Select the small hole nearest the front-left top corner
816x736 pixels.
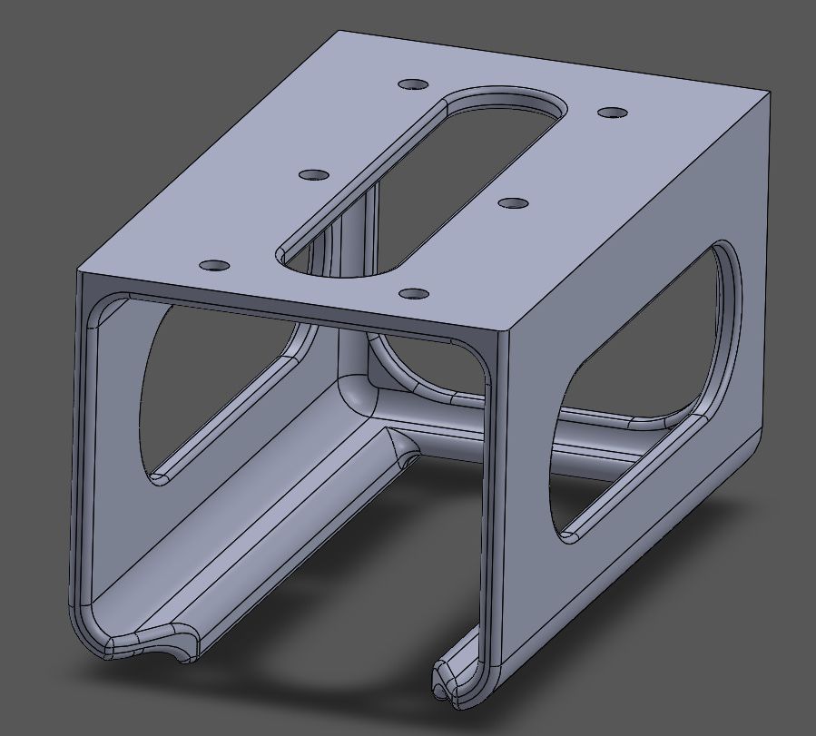click(215, 265)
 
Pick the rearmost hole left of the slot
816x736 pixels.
click(413, 83)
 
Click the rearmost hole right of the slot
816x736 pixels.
click(613, 113)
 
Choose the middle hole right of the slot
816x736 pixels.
click(514, 203)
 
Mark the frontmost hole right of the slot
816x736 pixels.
click(414, 294)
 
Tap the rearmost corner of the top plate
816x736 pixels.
click(339, 32)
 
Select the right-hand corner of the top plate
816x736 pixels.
click(771, 92)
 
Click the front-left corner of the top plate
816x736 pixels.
click(79, 270)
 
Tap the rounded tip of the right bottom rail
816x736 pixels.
click(454, 681)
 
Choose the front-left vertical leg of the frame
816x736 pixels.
click(82, 454)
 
